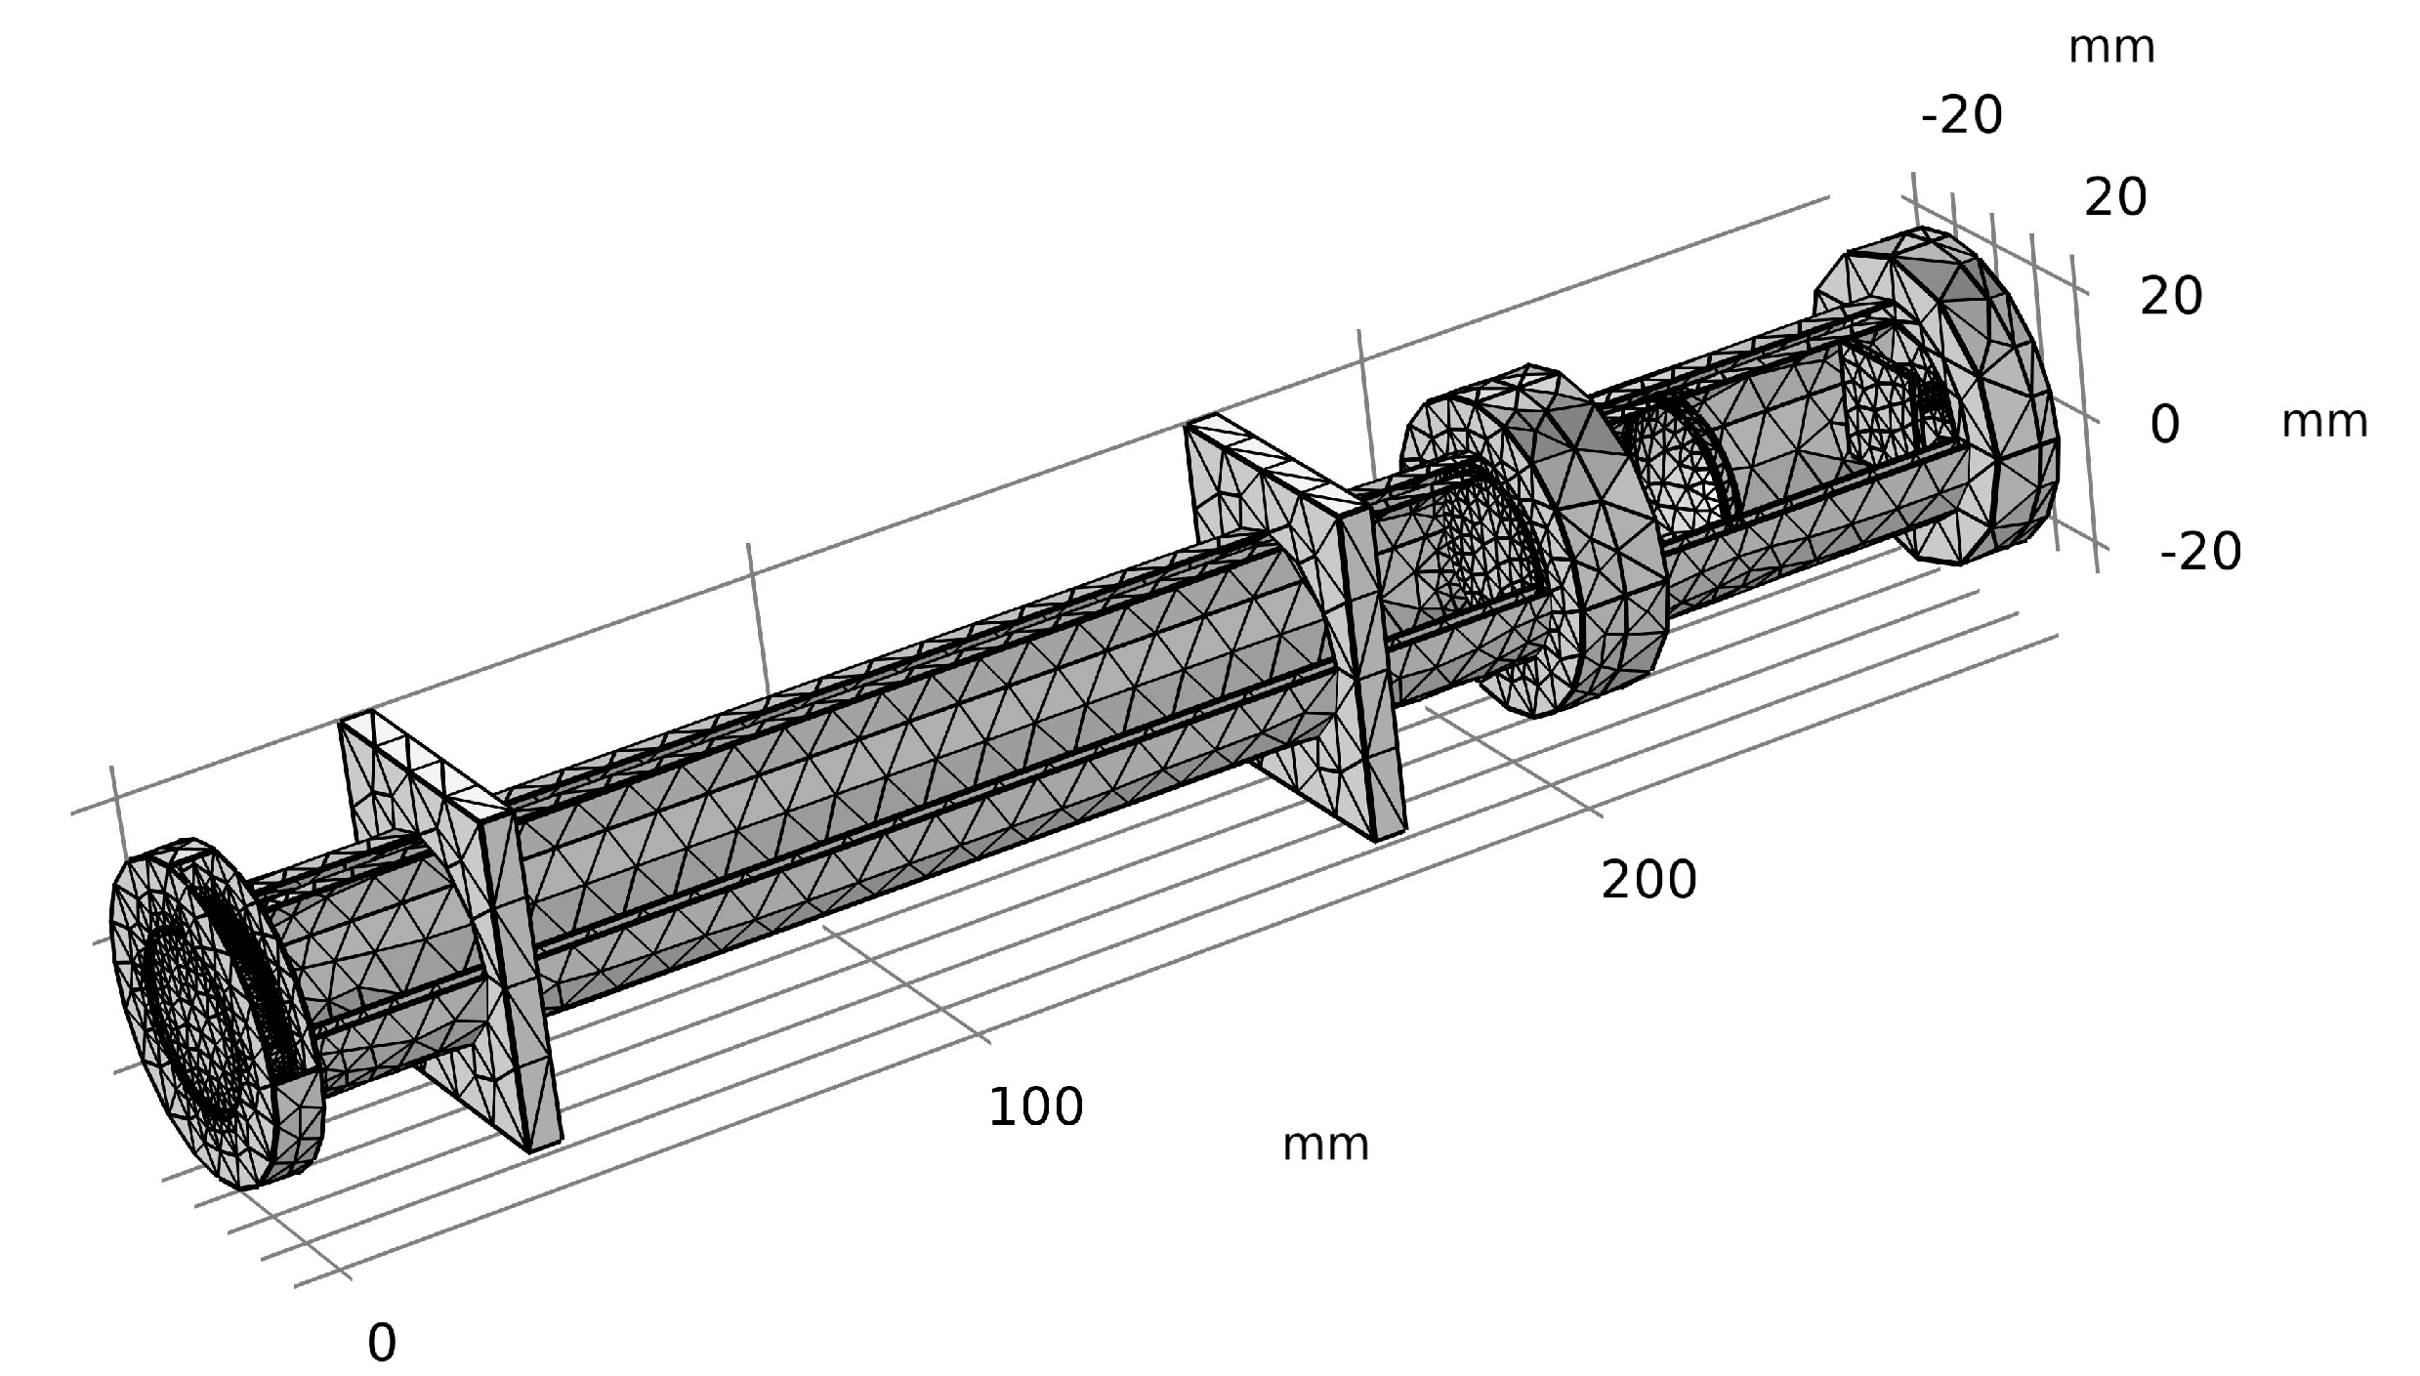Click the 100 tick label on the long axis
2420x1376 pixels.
[1035, 1107]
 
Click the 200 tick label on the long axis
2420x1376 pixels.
[1648, 880]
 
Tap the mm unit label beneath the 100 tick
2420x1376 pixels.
[1325, 1145]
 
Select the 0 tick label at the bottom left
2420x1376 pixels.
[382, 1343]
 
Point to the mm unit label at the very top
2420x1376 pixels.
[2111, 47]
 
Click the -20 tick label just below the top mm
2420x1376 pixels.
[1961, 115]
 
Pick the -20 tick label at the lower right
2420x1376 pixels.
[2200, 553]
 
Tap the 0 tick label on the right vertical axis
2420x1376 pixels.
[2164, 425]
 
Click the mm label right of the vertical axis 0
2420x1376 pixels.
[2324, 422]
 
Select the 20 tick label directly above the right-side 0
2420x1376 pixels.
[2171, 296]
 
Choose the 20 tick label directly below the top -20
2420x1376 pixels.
[2115, 198]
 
